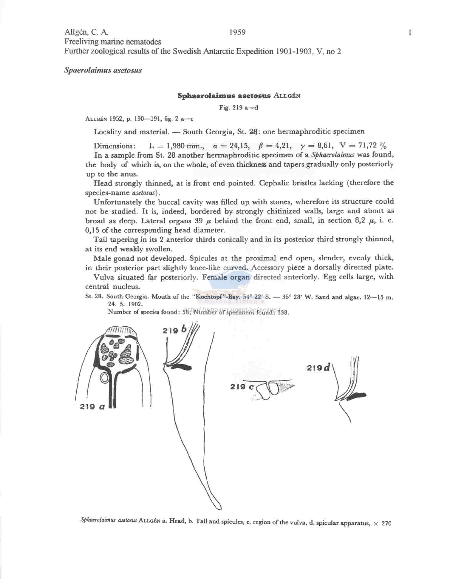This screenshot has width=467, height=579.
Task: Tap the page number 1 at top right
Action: (410, 33)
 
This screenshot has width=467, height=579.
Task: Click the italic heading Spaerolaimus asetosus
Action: (103, 70)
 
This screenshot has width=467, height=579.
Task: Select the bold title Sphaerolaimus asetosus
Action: (224, 96)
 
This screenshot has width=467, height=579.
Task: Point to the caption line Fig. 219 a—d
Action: (239, 108)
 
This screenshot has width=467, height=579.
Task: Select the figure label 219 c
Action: (242, 387)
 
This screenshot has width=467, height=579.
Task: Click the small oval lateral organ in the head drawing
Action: (104, 378)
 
